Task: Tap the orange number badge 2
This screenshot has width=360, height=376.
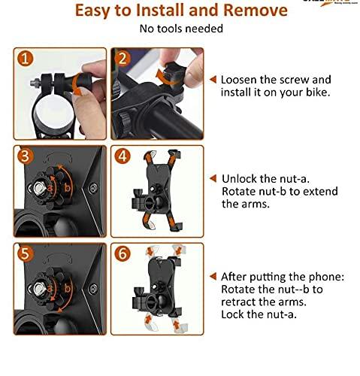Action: [x=123, y=59]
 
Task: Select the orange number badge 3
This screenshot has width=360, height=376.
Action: [x=25, y=156]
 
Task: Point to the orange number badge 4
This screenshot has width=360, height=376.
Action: [x=123, y=156]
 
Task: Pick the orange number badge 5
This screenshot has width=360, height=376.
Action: [x=25, y=253]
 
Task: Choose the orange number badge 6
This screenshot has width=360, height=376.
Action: [x=123, y=253]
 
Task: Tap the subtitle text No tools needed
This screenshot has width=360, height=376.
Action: [x=180, y=29]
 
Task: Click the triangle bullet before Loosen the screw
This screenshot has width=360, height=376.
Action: [x=213, y=79]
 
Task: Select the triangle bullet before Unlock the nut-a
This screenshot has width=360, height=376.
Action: [x=213, y=178]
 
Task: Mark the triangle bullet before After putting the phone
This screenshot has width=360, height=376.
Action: [x=213, y=276]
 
